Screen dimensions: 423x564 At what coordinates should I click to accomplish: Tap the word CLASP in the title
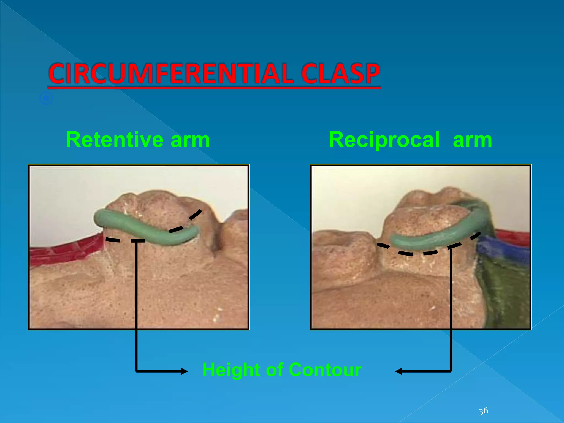(x=341, y=74)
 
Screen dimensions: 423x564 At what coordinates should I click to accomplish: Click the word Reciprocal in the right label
(x=384, y=140)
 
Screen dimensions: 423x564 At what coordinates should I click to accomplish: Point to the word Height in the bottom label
(x=231, y=370)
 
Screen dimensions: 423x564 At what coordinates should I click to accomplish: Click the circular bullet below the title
(x=46, y=98)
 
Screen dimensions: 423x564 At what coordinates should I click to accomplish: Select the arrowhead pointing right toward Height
(x=184, y=372)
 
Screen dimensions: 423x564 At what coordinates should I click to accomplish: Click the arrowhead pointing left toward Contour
(x=399, y=372)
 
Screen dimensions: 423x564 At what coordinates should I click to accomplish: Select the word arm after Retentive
(x=190, y=140)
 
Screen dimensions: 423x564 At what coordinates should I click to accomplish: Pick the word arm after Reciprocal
(x=472, y=140)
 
